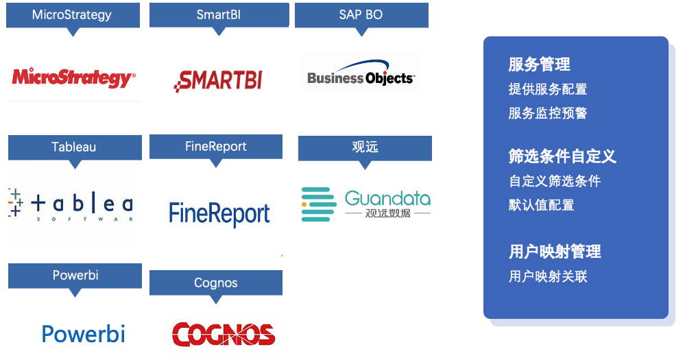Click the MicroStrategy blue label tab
point(72,15)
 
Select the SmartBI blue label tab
point(218,15)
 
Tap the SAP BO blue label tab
point(361,15)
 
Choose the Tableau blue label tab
point(74,147)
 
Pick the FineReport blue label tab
point(215,147)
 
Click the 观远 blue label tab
point(364,147)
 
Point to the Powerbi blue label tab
point(75,275)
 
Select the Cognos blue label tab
point(215,283)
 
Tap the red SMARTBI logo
point(218,80)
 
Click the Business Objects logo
point(361,77)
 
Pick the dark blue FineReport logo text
point(219,213)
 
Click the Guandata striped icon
point(319,204)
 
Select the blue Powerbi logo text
point(83,334)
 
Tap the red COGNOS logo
point(223,334)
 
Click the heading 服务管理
point(539,64)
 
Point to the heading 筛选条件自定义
point(562,156)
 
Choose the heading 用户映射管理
point(555,252)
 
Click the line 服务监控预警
point(547,113)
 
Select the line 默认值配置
point(541,205)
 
